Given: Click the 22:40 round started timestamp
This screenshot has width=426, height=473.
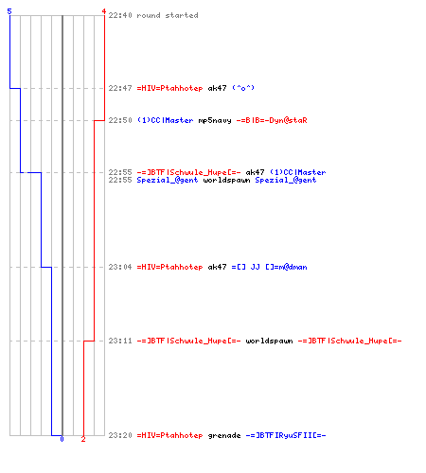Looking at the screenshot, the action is [x=120, y=15].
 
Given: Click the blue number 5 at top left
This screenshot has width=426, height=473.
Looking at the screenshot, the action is [x=9, y=11].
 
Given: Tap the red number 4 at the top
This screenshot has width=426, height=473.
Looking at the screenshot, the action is [x=104, y=11].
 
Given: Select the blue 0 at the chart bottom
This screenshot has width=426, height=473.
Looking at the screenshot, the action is [x=62, y=439].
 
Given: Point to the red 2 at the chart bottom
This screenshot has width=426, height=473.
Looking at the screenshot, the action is [x=83, y=439].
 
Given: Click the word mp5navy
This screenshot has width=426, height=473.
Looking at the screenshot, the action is [x=215, y=120].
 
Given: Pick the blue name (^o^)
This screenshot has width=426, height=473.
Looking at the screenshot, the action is [x=243, y=88].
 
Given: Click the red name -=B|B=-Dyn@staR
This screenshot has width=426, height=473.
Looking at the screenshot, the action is [x=272, y=120].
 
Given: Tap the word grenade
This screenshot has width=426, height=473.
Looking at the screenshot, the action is [x=224, y=435].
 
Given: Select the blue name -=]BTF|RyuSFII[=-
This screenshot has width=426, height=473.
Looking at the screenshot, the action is [x=286, y=435].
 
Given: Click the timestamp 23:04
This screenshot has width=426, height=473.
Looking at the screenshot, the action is [x=120, y=267].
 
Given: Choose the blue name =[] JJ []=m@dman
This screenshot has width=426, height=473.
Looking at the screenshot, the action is [x=269, y=267].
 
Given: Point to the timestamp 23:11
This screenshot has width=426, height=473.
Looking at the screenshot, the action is [x=120, y=341].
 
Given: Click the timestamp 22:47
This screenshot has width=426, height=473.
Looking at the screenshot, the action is [x=120, y=88].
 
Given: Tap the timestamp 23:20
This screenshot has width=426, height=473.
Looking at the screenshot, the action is [x=120, y=435].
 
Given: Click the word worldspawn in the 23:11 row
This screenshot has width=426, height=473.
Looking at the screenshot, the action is [x=269, y=341].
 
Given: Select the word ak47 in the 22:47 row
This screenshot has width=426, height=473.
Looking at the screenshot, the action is [x=217, y=88].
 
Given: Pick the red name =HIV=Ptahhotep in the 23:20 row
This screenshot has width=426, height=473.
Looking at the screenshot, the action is [x=169, y=435].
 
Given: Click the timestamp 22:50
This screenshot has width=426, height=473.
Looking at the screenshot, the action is [x=120, y=120].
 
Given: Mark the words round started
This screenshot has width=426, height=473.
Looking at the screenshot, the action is [x=168, y=15].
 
